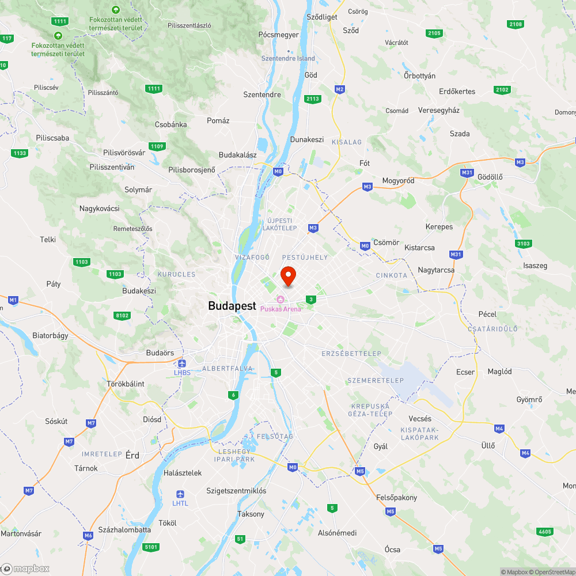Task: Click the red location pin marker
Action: (x=288, y=275)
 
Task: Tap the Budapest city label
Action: (x=232, y=306)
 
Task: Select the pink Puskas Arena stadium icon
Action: (x=281, y=298)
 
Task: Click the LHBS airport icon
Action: (x=183, y=363)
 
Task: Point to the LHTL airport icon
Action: (x=180, y=494)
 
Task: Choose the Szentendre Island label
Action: (x=289, y=58)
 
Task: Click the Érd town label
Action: (x=132, y=455)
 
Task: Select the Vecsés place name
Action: (x=419, y=419)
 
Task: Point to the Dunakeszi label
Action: (x=307, y=139)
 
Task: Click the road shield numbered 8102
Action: (x=123, y=315)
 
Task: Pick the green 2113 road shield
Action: (x=313, y=99)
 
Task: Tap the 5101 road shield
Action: (x=151, y=547)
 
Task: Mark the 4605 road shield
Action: (x=544, y=531)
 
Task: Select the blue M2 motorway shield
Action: (x=339, y=89)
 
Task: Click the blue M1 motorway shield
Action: (x=13, y=300)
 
